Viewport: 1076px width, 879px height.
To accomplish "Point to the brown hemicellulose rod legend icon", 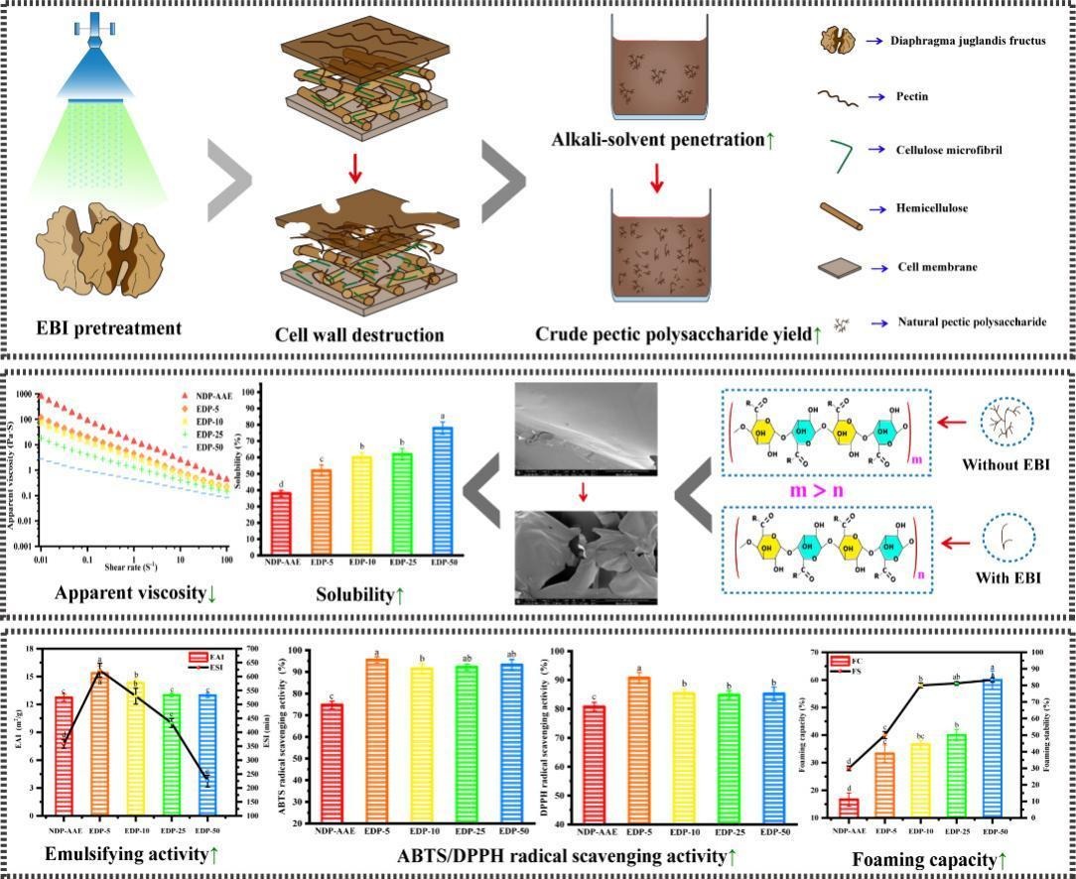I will tap(841, 213).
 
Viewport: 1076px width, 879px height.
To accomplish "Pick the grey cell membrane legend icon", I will tap(840, 267).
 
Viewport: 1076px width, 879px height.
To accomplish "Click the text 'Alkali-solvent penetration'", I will tap(657, 140).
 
